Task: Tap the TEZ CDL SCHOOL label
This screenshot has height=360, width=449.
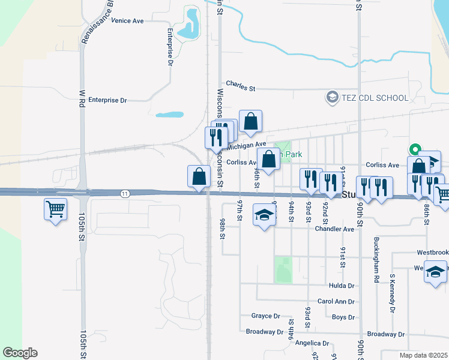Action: coord(375,98)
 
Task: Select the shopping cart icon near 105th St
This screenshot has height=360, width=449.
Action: coord(55,209)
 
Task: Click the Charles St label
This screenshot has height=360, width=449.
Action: coord(240,86)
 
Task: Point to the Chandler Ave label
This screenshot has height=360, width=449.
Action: coord(334,229)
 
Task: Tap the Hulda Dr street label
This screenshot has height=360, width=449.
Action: coord(342,286)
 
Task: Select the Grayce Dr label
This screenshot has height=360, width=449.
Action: coord(266,316)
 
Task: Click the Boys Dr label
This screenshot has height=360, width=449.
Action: coord(343,317)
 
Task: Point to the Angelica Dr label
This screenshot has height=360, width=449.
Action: coord(313,344)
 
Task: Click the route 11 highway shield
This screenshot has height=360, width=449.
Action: coord(124,193)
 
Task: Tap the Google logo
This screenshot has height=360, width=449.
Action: coord(20,353)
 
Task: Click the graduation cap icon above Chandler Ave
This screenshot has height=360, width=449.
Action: coord(264,215)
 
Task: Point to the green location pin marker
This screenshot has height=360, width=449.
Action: coord(414,149)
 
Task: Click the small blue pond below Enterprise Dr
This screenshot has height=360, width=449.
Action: coord(169,114)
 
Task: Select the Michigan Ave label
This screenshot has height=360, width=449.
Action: coord(246,145)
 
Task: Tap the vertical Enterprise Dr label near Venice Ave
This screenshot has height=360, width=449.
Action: coord(170,47)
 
